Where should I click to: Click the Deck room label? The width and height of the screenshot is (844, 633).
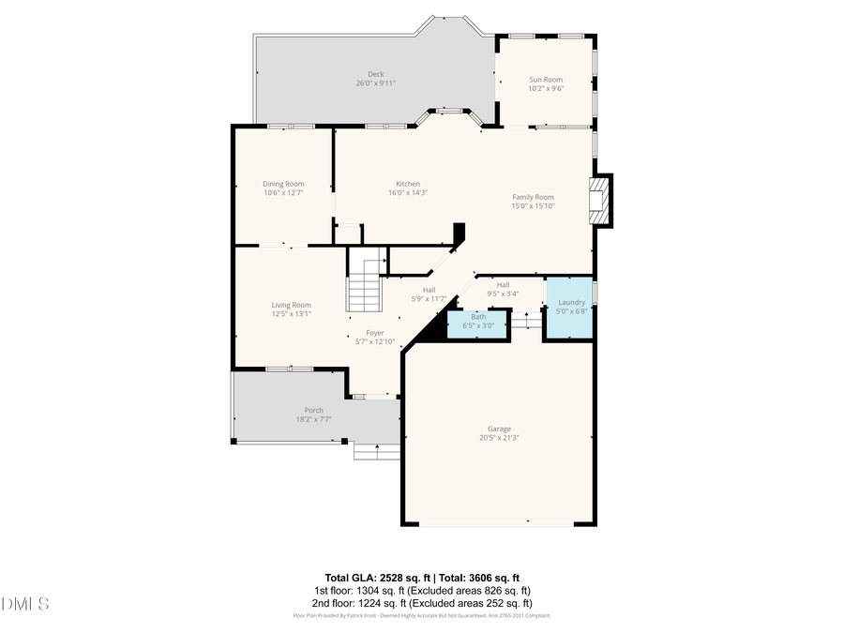[375, 74]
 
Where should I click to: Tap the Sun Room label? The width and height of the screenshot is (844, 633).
[545, 80]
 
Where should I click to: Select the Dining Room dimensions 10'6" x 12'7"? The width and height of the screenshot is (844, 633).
[283, 193]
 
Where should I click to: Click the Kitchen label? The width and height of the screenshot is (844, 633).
[408, 184]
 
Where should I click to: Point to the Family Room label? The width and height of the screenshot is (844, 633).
[533, 197]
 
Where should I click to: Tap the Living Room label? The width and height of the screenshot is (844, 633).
[291, 305]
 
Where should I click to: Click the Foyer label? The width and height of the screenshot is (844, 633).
[374, 333]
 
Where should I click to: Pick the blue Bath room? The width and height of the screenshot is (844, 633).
[478, 322]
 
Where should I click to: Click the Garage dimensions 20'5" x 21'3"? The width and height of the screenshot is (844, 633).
[498, 438]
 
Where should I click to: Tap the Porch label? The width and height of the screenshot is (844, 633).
[313, 410]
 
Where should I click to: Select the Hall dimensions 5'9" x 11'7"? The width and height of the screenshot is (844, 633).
[429, 299]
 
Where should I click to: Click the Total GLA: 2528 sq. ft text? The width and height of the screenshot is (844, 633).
[372, 578]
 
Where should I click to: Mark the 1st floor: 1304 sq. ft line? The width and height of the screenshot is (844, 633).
[422, 591]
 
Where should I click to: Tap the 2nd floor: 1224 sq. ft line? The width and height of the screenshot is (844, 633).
[422, 604]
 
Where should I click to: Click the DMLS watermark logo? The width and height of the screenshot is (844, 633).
[25, 603]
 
